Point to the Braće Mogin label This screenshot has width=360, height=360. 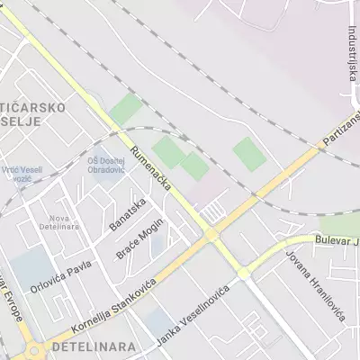139,238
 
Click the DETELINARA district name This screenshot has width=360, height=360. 95,346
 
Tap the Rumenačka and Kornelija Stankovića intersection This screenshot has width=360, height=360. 211,234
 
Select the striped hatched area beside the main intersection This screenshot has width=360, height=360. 212,211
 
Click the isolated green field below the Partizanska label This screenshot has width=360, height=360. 249,154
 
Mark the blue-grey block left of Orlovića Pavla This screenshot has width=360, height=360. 31,269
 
